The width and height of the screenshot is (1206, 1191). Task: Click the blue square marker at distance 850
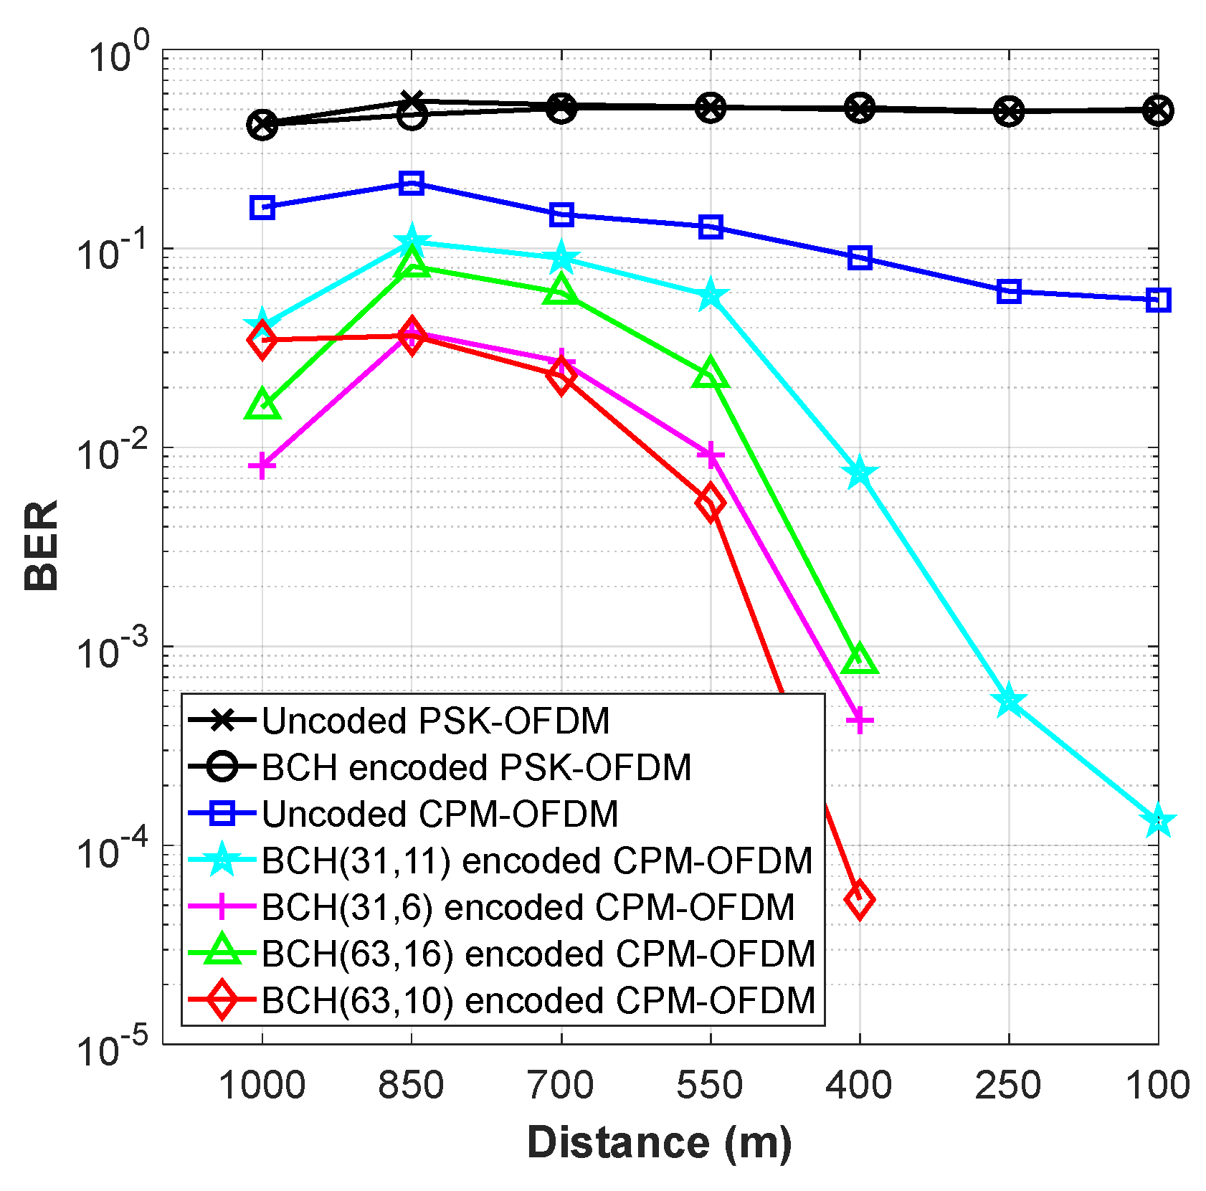point(411,183)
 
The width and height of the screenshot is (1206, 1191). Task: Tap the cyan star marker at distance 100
point(1158,822)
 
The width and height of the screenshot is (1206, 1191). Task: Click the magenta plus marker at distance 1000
point(262,466)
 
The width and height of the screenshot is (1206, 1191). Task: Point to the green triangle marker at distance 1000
point(262,405)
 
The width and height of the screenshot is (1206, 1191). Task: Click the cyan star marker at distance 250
point(1009,700)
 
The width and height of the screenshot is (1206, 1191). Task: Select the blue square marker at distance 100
point(1158,300)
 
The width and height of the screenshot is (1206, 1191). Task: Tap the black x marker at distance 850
point(411,102)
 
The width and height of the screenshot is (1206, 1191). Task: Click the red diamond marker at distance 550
point(710,502)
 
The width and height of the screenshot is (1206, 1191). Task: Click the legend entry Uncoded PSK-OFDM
point(435,721)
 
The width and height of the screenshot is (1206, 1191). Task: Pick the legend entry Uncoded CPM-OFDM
point(440,814)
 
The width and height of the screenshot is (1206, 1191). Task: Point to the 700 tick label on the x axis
point(561,1085)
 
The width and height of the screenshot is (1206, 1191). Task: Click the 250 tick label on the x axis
point(1008,1085)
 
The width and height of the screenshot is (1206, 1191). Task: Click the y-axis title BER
point(42,545)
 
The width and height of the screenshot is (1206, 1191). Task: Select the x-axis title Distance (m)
point(660,1142)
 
